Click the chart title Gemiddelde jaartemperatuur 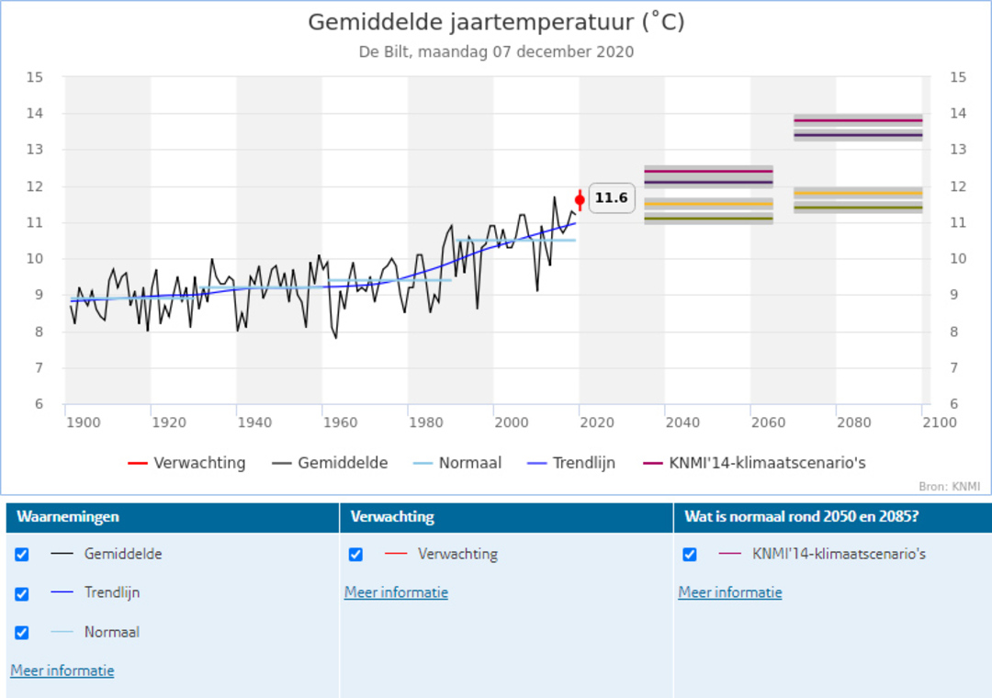click(496, 22)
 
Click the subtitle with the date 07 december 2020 click(496, 51)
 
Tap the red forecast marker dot click(580, 199)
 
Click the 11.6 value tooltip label click(611, 197)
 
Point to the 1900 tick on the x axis click(83, 422)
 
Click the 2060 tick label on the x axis click(768, 422)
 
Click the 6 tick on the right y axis click(958, 404)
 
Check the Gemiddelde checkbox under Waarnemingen click(22, 555)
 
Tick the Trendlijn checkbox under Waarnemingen click(22, 594)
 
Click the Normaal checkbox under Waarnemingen click(22, 633)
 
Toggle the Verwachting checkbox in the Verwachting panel click(355, 555)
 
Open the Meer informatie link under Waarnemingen click(62, 670)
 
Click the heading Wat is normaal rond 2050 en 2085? click(801, 517)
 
